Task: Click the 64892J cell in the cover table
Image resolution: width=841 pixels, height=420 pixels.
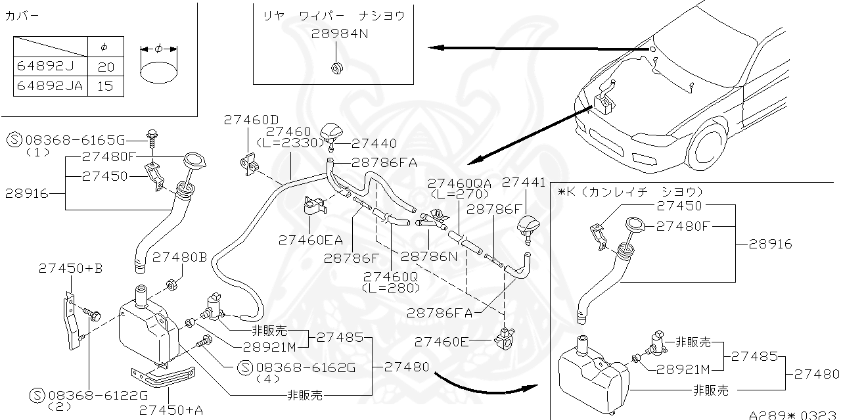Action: coord(50,66)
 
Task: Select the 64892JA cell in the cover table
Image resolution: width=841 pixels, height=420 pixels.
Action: coord(50,85)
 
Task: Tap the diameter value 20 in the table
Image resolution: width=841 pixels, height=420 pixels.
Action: coord(105,66)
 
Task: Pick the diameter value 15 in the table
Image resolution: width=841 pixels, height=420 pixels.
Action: coord(105,85)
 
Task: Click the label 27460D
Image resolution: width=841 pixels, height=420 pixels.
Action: coord(251,120)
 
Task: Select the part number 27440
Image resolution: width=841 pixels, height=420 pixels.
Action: coord(374,143)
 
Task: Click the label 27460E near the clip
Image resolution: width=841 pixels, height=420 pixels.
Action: coord(442,341)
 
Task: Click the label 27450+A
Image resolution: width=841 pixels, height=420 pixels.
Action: coord(171,410)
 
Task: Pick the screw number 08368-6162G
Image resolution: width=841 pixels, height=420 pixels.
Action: coord(305,367)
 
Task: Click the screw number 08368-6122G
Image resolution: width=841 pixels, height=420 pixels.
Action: coord(97,396)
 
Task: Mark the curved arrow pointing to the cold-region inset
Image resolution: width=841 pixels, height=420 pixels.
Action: coord(483,384)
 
